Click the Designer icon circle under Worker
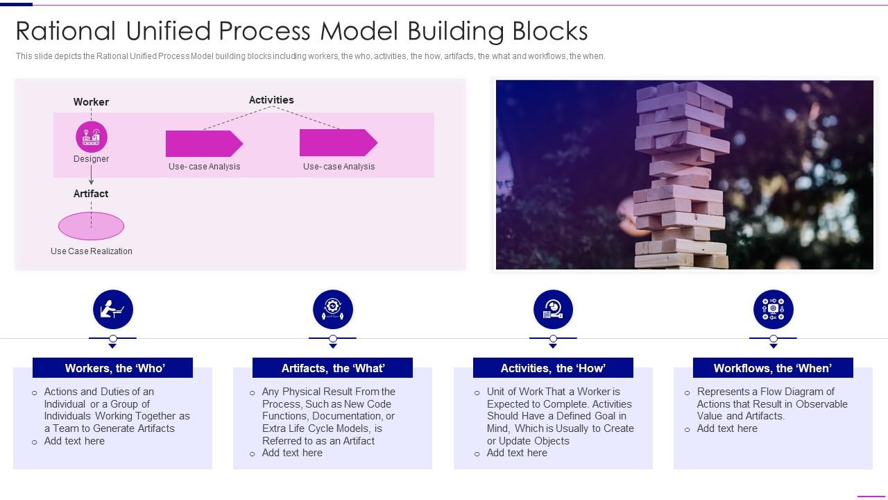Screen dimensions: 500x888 click(92, 137)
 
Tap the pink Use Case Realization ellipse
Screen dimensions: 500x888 click(91, 226)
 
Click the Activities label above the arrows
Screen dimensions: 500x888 click(271, 100)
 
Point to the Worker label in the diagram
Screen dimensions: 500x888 click(91, 102)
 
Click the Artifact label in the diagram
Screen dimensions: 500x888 click(91, 194)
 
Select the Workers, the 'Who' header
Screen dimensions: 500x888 click(112, 368)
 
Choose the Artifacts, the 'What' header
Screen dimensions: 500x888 click(332, 368)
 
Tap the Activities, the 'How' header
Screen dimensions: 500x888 click(553, 368)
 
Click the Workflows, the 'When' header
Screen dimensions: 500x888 click(773, 368)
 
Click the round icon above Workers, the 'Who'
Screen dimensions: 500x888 click(112, 310)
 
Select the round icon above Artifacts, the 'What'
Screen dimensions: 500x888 click(333, 310)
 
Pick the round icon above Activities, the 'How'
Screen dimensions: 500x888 click(553, 310)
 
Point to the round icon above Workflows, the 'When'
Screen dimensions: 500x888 click(773, 310)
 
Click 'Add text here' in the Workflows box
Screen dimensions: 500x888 click(727, 428)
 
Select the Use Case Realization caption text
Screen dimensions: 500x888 click(91, 251)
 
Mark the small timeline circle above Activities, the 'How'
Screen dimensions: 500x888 click(553, 339)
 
